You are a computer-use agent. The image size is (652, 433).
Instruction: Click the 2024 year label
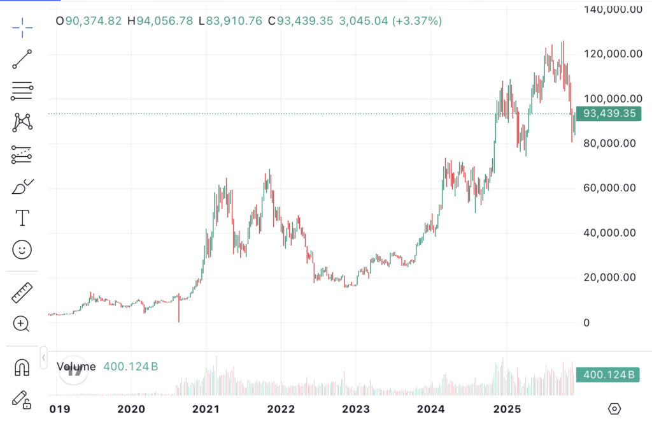pyautogui.click(x=431, y=409)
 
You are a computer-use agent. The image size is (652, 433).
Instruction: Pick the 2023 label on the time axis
pyautogui.click(x=356, y=409)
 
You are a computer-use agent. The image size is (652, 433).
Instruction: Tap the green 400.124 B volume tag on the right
pyautogui.click(x=609, y=374)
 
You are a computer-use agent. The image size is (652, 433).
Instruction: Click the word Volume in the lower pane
pyautogui.click(x=76, y=367)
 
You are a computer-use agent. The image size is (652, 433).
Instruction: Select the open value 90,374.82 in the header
pyautogui.click(x=93, y=21)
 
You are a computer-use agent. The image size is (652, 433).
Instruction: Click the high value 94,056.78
pyautogui.click(x=164, y=21)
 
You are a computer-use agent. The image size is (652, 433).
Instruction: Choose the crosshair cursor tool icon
pyautogui.click(x=22, y=27)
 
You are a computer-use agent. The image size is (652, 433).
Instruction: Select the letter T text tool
pyautogui.click(x=22, y=217)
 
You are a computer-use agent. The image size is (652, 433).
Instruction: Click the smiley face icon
pyautogui.click(x=22, y=249)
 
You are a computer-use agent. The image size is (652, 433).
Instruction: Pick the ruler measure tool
pyautogui.click(x=22, y=293)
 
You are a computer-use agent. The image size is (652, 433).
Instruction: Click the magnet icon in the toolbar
pyautogui.click(x=22, y=368)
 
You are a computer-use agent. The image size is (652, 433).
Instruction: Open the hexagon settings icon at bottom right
pyautogui.click(x=614, y=409)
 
